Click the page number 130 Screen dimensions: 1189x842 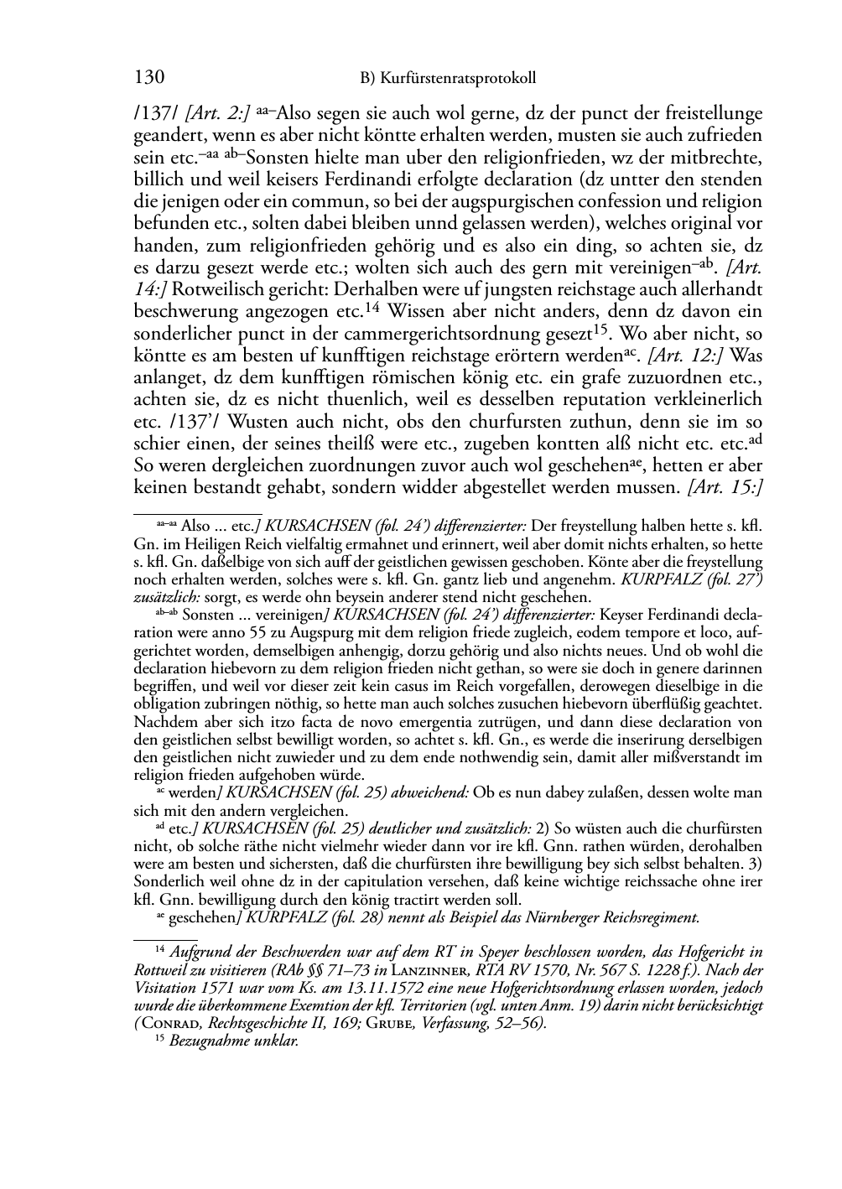(148, 78)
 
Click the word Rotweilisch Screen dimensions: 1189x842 (214, 289)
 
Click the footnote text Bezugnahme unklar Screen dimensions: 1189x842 (234, 1041)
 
